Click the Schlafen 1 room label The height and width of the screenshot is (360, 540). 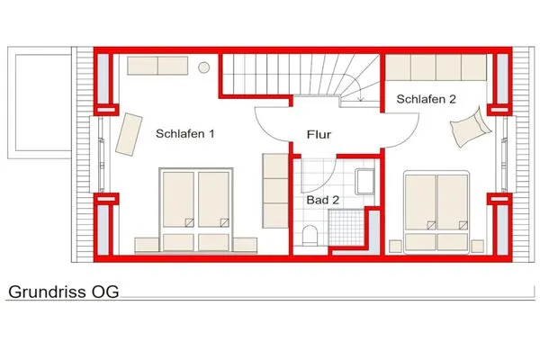184,134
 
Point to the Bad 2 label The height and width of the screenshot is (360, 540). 322,200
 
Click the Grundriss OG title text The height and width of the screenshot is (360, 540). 63,292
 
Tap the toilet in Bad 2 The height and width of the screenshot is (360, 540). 310,236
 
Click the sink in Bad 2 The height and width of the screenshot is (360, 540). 365,183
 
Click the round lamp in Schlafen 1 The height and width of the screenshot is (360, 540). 204,66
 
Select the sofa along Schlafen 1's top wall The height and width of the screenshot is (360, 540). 155,65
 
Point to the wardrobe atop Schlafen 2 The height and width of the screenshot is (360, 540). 437,67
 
